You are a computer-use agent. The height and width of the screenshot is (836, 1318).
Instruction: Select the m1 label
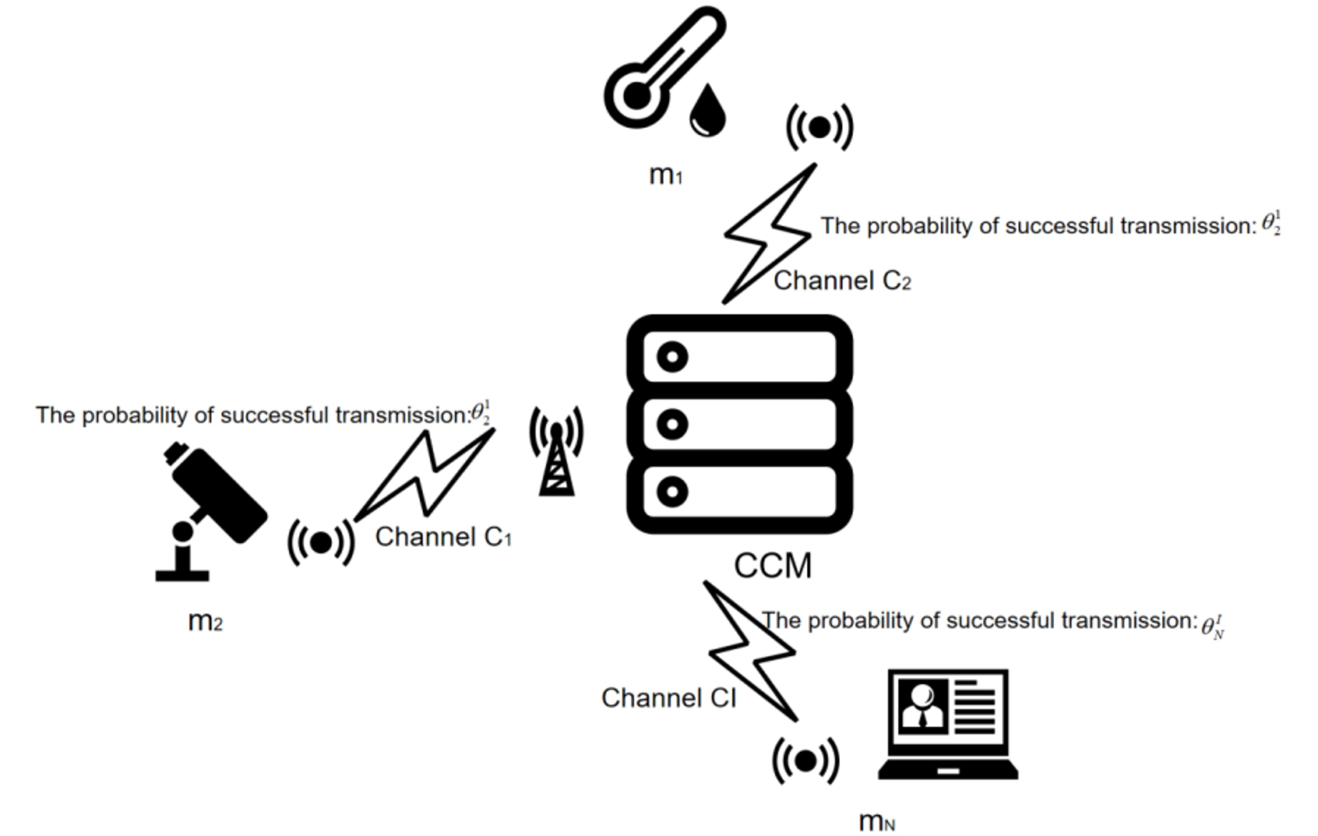point(665,176)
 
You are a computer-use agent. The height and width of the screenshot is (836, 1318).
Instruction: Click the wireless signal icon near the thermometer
point(819,127)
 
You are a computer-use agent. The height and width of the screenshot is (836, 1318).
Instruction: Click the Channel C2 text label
point(842,281)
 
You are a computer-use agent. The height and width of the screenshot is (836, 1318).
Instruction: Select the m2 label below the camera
point(205,621)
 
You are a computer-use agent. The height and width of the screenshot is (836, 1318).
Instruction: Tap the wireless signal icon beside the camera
point(321,542)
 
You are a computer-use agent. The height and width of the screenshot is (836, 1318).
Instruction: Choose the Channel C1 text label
point(443,537)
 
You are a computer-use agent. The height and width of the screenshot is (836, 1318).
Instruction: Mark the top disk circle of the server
point(672,357)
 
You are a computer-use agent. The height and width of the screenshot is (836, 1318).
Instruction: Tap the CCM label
point(772,566)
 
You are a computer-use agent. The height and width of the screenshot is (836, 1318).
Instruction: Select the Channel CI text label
point(668,698)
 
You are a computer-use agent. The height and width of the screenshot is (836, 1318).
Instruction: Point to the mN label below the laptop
point(877,821)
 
